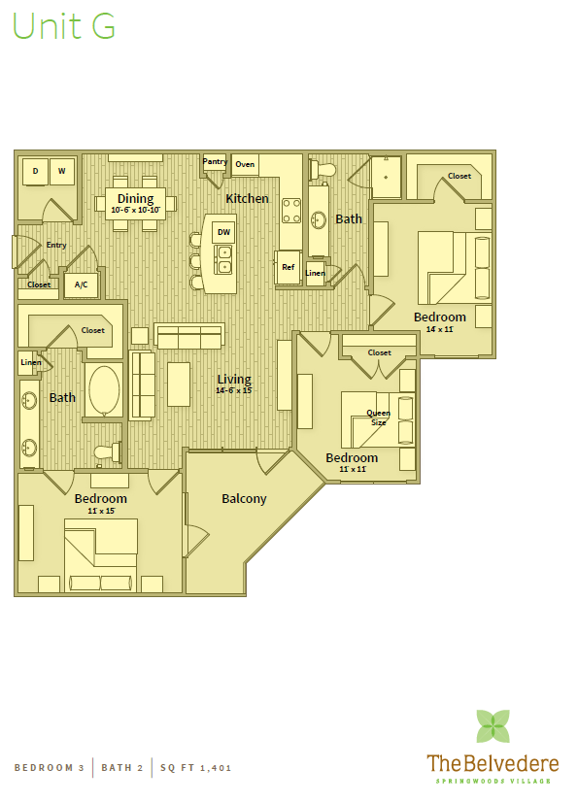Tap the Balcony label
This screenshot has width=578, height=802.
(x=244, y=498)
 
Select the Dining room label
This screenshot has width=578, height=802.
(x=136, y=199)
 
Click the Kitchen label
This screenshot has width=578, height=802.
(x=247, y=198)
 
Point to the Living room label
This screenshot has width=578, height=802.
(x=234, y=379)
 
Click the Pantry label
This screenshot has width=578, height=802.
(x=215, y=161)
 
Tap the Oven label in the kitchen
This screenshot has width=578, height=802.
(x=245, y=164)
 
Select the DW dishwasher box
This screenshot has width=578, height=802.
(x=223, y=232)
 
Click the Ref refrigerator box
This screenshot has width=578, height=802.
(x=289, y=267)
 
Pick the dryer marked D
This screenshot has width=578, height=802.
(x=35, y=171)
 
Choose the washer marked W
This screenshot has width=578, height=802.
(x=61, y=171)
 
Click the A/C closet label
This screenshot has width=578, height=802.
(x=81, y=284)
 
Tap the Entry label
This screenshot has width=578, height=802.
(x=56, y=245)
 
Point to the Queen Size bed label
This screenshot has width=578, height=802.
(x=378, y=418)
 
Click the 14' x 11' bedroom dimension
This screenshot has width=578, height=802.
(x=440, y=329)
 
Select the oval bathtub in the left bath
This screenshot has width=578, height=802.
(x=104, y=391)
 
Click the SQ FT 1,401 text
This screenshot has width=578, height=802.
(x=196, y=768)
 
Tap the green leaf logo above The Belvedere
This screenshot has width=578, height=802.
(x=493, y=726)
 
